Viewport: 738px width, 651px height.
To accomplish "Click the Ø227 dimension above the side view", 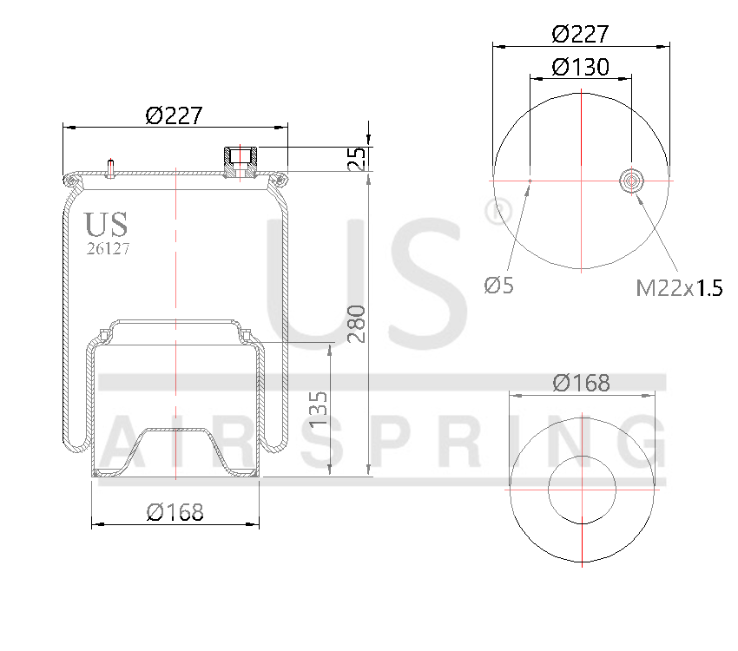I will coord(174,115).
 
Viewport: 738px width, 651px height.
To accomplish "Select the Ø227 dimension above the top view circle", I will coord(580,34).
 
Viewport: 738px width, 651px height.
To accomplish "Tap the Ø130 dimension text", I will coord(580,67).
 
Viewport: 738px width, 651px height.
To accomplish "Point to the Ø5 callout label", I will coord(498,285).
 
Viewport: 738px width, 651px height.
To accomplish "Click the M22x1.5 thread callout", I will coord(679,288).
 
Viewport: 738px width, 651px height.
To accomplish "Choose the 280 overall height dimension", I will coord(357,324).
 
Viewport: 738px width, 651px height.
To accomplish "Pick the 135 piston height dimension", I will coord(318,409).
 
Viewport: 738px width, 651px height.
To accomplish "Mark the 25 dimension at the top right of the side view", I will coord(357,158).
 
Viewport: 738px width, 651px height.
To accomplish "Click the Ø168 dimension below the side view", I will coord(175,512).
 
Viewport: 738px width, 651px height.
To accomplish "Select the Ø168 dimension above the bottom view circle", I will coord(581,382).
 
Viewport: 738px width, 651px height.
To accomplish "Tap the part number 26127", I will coord(108,248).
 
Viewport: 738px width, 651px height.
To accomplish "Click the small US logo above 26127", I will coord(106,224).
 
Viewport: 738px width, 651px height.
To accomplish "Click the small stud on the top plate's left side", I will coord(111,166).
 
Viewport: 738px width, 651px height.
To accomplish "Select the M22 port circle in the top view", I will coord(631,181).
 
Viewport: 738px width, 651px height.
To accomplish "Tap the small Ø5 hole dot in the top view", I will coord(530,181).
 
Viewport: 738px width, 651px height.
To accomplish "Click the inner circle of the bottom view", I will coord(581,490).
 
